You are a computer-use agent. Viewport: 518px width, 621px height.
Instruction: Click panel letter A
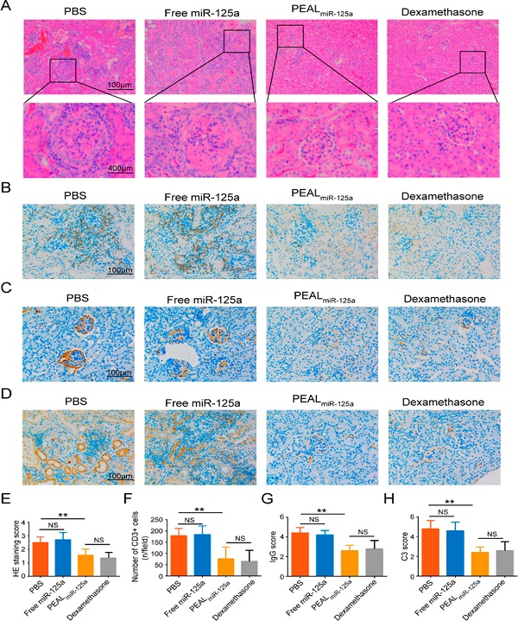(x=9, y=9)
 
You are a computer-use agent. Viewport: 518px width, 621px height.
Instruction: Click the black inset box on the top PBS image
(x=62, y=70)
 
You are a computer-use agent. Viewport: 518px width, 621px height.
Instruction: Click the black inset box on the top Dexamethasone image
(x=472, y=61)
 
